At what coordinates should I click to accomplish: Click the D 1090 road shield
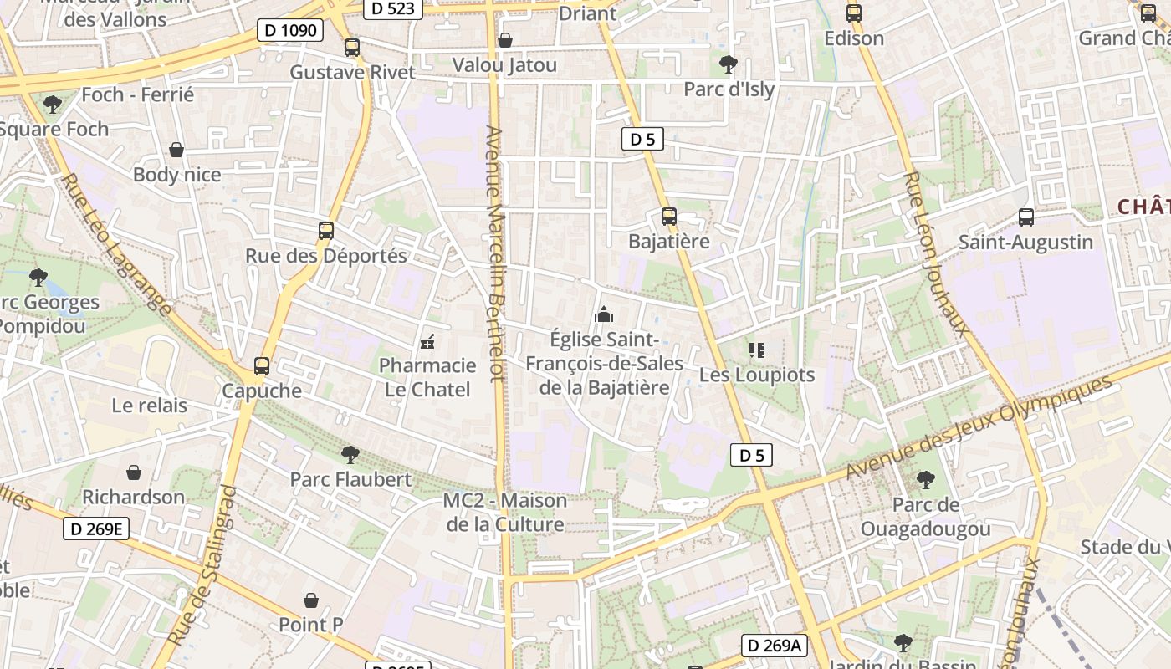290,31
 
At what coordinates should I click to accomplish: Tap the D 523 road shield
392,8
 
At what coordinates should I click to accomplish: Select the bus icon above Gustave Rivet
352,48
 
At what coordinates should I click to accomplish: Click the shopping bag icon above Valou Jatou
505,40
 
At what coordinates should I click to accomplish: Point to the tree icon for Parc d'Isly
729,64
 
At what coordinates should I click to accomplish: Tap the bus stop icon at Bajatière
668,217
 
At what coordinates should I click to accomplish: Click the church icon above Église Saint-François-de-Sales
604,315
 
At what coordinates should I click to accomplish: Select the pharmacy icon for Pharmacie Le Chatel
427,341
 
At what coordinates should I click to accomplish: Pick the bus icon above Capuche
262,365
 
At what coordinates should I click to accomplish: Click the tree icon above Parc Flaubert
350,455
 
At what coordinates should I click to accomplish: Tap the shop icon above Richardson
134,472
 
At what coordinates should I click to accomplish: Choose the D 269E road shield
97,529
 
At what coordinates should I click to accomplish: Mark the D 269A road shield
774,646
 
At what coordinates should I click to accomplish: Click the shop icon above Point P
311,600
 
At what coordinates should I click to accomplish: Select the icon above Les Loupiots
757,350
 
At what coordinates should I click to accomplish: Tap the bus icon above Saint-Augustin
1026,217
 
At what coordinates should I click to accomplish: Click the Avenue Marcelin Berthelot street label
497,254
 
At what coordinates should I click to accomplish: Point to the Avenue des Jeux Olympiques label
979,428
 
